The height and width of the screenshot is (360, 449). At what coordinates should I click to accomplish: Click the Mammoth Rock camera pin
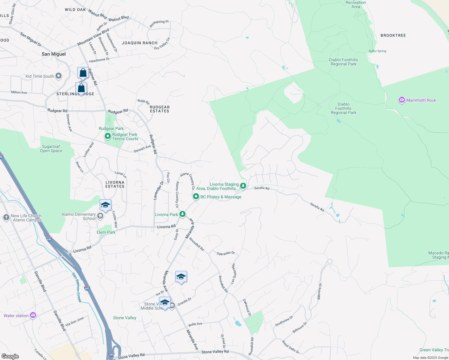click(402, 100)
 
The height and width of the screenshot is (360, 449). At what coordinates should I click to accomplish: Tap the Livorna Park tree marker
click(182, 214)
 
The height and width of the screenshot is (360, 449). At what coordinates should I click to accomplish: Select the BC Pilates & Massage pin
click(196, 196)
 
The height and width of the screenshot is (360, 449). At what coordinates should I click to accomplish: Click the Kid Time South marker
click(59, 76)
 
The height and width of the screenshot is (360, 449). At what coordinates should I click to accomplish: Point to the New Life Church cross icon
click(6, 217)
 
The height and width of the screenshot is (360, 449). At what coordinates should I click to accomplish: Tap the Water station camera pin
click(33, 315)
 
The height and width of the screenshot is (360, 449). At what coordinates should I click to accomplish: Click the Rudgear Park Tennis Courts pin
click(107, 136)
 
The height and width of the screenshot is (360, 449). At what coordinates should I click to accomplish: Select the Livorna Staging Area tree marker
click(243, 186)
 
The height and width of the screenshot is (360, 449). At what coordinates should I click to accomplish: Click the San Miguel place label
click(54, 54)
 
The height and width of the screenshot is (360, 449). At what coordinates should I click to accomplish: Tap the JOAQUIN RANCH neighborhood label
click(140, 43)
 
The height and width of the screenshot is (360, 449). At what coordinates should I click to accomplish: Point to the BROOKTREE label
click(393, 35)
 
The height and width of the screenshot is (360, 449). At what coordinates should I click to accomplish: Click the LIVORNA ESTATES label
click(115, 184)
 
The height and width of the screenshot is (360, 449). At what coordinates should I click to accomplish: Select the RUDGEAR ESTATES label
click(160, 109)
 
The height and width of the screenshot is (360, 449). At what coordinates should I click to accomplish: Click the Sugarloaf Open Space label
click(51, 148)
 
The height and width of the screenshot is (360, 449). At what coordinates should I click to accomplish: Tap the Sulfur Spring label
click(377, 51)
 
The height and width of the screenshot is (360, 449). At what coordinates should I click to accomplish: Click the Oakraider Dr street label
click(226, 253)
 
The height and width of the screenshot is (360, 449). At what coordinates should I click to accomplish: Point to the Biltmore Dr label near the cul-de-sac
click(319, 291)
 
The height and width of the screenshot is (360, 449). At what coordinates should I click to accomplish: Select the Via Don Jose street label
click(75, 321)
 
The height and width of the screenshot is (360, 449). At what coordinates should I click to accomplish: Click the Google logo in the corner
click(10, 356)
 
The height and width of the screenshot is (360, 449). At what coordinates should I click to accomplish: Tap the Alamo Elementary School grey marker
click(100, 216)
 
